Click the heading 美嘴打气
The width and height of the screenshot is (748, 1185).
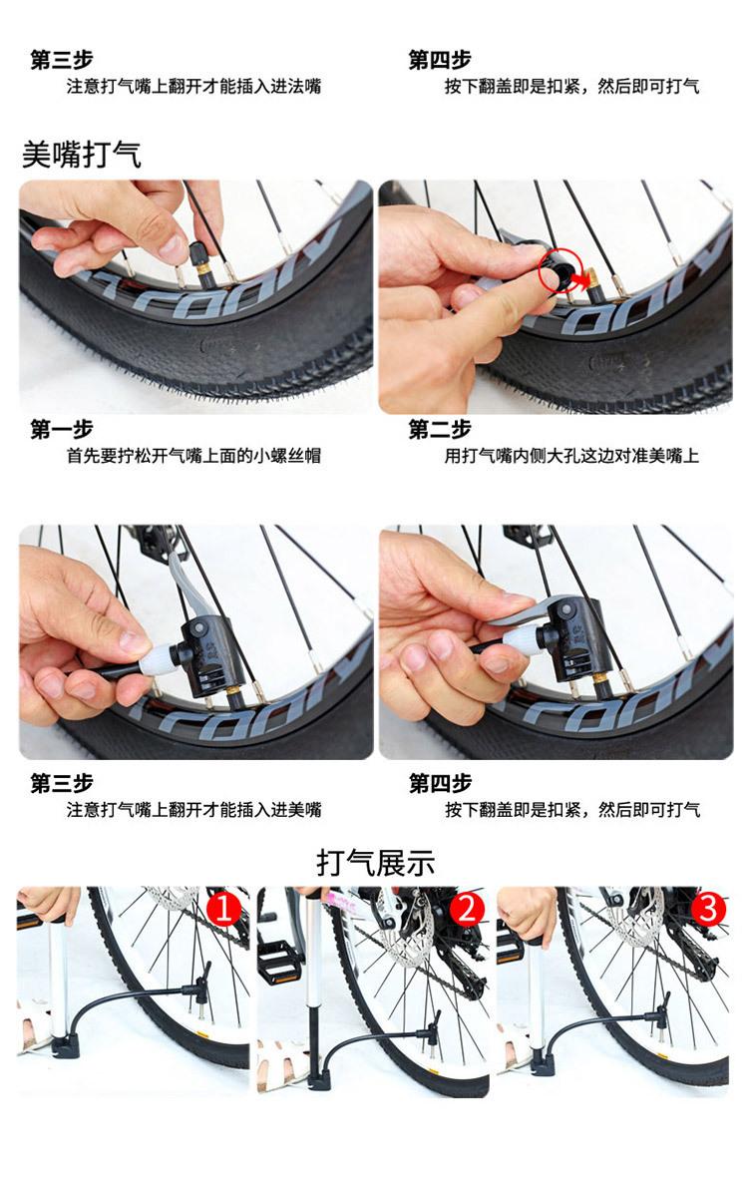click(82, 155)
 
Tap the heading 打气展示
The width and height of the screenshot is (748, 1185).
click(376, 862)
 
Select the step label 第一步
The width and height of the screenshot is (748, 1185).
click(62, 429)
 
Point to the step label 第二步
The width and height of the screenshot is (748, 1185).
click(440, 429)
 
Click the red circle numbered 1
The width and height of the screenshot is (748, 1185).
click(224, 908)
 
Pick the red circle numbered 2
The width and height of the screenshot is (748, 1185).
click(469, 908)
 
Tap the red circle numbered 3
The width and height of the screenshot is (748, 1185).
click(708, 908)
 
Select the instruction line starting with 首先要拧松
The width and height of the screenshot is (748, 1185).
click(194, 456)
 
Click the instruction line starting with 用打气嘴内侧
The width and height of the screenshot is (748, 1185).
click(571, 456)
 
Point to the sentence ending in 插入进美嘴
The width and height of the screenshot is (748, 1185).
click(194, 809)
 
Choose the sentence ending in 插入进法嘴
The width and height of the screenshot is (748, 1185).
click(194, 86)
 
